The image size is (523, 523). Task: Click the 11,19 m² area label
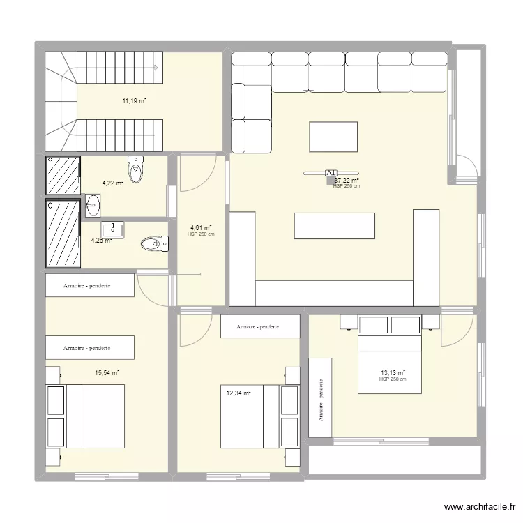click(135, 101)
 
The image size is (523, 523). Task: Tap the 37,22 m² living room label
click(347, 179)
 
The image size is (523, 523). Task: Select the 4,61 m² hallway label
click(201, 227)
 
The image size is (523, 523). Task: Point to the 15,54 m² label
click(107, 373)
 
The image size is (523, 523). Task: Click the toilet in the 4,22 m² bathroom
click(136, 169)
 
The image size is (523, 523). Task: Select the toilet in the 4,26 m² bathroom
click(154, 243)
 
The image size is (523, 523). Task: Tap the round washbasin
click(93, 205)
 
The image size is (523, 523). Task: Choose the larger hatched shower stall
click(63, 234)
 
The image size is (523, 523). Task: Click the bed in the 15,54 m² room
click(85, 416)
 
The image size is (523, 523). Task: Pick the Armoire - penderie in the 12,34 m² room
click(260, 326)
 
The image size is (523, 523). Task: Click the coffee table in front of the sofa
click(333, 137)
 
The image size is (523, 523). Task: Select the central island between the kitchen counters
click(335, 226)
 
